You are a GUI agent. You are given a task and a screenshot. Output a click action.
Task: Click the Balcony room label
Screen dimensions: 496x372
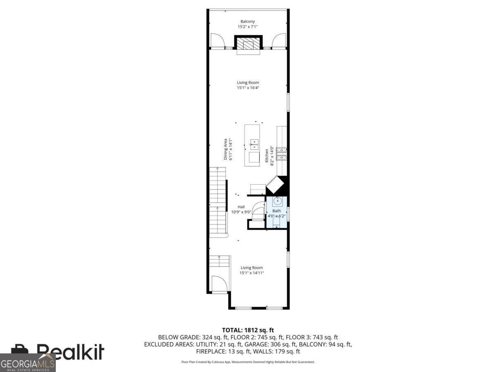coord(248,21)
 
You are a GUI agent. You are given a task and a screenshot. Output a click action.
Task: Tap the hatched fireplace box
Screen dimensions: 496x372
coord(248,43)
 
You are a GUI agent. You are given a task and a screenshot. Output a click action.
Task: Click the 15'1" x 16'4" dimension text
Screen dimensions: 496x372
coord(248,88)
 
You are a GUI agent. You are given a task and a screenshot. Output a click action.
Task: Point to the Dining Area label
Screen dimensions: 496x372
coord(225,149)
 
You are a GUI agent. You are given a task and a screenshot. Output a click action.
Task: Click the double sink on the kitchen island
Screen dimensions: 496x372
coord(254,145)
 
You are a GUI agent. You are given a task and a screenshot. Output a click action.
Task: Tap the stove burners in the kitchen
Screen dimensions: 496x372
coord(281,154)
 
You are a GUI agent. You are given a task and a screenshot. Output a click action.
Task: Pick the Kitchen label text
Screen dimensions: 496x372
coord(267,155)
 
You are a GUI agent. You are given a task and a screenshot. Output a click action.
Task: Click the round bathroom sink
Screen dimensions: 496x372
coord(277,201)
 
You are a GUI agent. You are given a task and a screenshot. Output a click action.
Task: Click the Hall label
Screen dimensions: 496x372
coord(241,207)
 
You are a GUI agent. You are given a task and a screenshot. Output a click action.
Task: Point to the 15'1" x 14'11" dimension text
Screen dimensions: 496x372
coord(251,273)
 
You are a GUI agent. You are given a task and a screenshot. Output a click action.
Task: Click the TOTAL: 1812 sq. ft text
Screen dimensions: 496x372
coord(248,330)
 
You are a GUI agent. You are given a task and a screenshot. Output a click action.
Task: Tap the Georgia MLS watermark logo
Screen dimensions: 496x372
coord(28,363)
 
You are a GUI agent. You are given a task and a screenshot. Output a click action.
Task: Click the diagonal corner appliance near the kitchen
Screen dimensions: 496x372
coord(274,185)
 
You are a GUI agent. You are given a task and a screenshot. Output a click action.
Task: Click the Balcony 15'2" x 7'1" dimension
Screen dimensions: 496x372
coord(248,26)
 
